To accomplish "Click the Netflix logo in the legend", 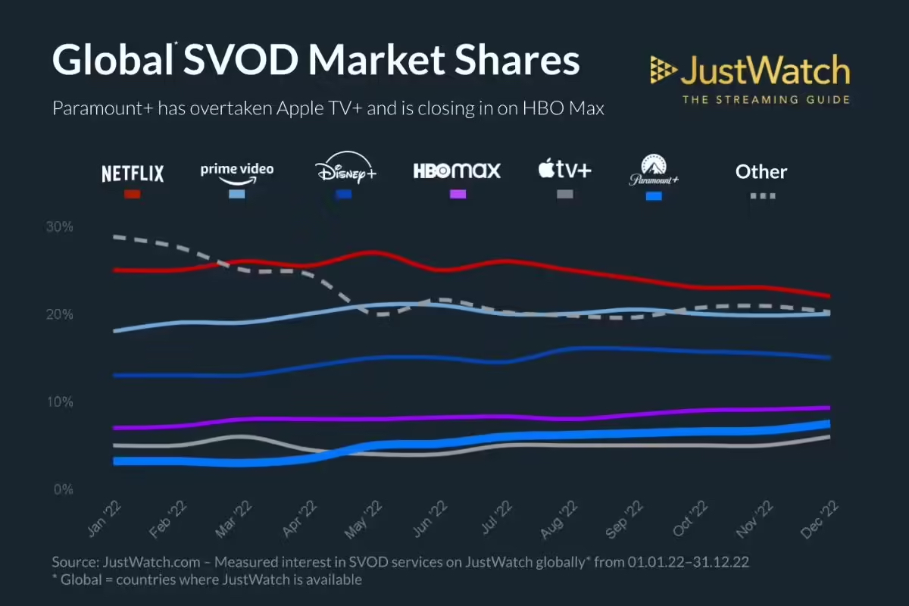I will [133, 173].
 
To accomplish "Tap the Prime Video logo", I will [236, 170].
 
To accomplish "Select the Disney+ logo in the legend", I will [345, 169].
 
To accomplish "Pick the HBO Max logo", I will [457, 170].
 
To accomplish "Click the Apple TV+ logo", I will [564, 170].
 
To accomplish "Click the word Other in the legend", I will [761, 172].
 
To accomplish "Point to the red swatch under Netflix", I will [133, 195].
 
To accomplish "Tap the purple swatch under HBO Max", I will [458, 195].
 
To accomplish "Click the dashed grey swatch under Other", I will [763, 195].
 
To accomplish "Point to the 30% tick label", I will [58, 226].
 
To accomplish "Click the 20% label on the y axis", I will [58, 314].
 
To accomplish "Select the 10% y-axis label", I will [58, 401].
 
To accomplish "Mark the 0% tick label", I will [61, 489].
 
